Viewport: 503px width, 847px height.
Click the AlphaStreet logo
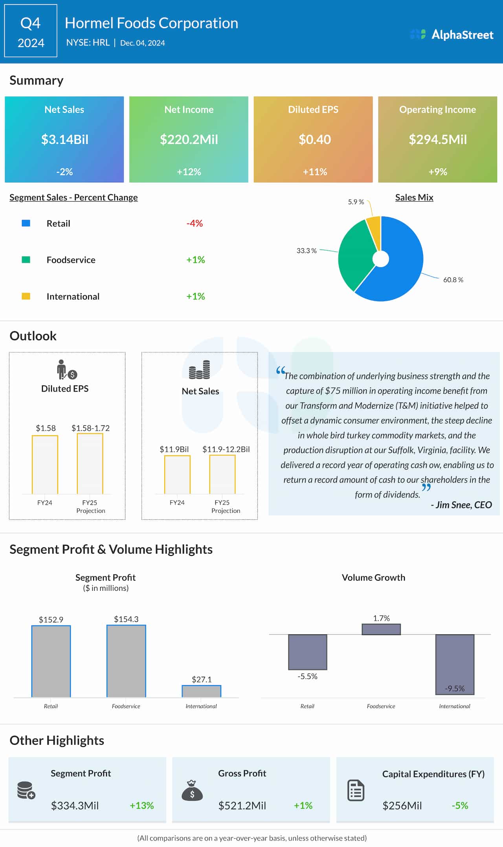tap(452, 35)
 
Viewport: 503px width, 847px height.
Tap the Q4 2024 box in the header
tap(31, 31)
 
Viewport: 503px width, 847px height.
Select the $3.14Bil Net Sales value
tap(65, 139)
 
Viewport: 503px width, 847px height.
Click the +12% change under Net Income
tap(189, 172)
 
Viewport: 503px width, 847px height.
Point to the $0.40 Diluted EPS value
tap(314, 139)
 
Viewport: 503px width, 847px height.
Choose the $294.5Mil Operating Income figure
tap(438, 139)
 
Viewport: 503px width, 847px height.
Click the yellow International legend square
tap(26, 296)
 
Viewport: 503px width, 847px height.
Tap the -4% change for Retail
tap(195, 224)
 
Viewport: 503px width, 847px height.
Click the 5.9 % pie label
tap(356, 202)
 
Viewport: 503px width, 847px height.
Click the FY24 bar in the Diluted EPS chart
tap(45, 464)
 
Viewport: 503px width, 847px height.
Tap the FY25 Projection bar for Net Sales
tap(222, 474)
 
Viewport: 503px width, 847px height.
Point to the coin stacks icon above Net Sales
tap(199, 370)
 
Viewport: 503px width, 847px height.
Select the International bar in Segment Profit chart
tap(201, 691)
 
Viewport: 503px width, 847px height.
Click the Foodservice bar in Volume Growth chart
tap(381, 629)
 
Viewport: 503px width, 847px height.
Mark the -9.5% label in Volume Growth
tap(455, 688)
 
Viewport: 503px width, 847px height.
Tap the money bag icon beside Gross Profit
tap(192, 790)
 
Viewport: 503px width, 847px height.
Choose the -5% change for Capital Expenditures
tap(460, 806)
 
